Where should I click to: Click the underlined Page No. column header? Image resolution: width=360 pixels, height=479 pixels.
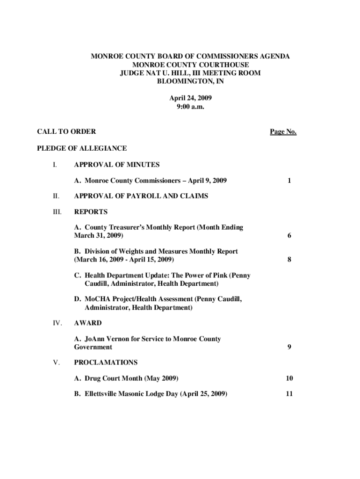(x=283, y=132)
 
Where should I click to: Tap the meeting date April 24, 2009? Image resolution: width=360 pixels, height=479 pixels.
(x=190, y=98)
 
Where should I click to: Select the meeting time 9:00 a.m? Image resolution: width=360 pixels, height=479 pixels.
(x=190, y=107)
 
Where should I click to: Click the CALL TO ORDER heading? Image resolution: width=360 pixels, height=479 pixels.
(x=66, y=132)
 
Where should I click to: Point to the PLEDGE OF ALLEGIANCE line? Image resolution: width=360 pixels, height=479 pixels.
(x=82, y=148)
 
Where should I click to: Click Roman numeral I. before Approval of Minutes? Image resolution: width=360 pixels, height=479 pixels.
(x=55, y=165)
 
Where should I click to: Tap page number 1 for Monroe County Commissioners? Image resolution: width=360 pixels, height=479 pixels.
(x=290, y=181)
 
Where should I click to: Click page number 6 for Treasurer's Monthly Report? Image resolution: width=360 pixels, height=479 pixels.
(x=290, y=236)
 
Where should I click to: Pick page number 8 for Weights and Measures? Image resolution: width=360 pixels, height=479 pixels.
(x=290, y=260)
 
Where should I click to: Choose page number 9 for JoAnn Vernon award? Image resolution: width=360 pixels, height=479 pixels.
(x=290, y=347)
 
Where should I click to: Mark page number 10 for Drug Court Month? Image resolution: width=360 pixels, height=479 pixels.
(x=290, y=378)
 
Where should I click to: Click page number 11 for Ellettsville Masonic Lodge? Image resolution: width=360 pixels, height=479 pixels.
(x=290, y=394)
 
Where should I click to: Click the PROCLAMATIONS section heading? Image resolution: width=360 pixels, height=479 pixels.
(x=106, y=363)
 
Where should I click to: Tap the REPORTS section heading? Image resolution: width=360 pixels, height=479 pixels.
(x=91, y=211)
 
